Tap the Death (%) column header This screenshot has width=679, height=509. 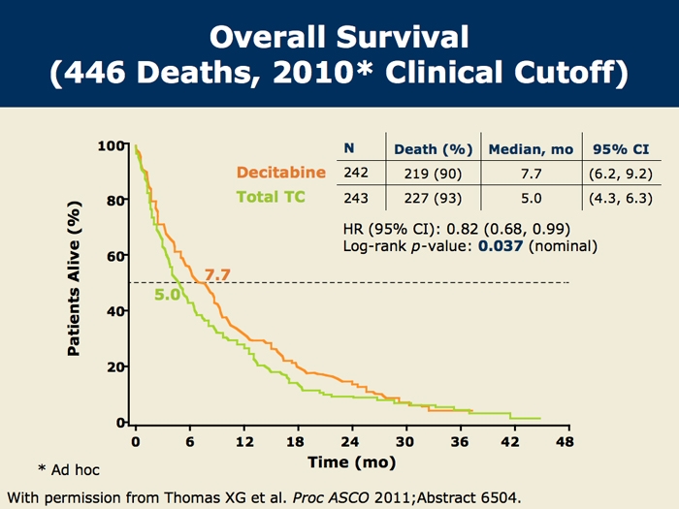(433, 149)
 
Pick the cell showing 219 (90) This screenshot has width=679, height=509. (433, 174)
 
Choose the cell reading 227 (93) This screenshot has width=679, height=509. (433, 200)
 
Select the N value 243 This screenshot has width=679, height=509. (356, 200)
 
